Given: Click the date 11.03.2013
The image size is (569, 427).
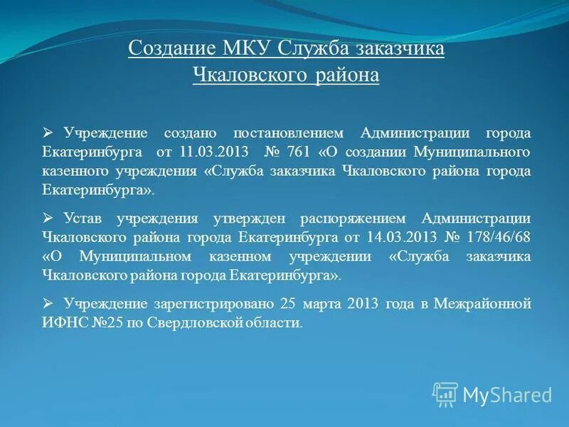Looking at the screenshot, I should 213,152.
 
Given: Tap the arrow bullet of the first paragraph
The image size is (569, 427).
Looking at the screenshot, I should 48,133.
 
